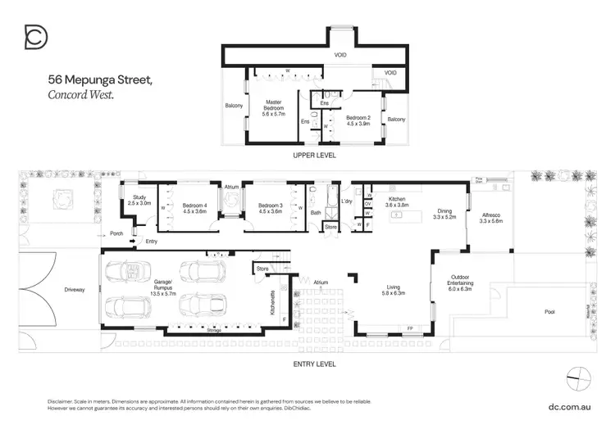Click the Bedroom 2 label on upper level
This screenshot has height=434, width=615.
click(x=358, y=120)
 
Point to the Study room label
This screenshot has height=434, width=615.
click(x=139, y=200)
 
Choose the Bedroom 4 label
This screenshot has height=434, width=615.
click(x=194, y=208)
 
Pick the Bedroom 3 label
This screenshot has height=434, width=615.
click(x=270, y=208)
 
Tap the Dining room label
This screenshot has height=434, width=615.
click(x=444, y=215)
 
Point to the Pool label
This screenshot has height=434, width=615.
click(x=549, y=312)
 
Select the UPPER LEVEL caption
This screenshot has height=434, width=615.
click(x=315, y=155)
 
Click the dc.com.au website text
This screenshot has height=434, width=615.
click(x=569, y=405)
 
